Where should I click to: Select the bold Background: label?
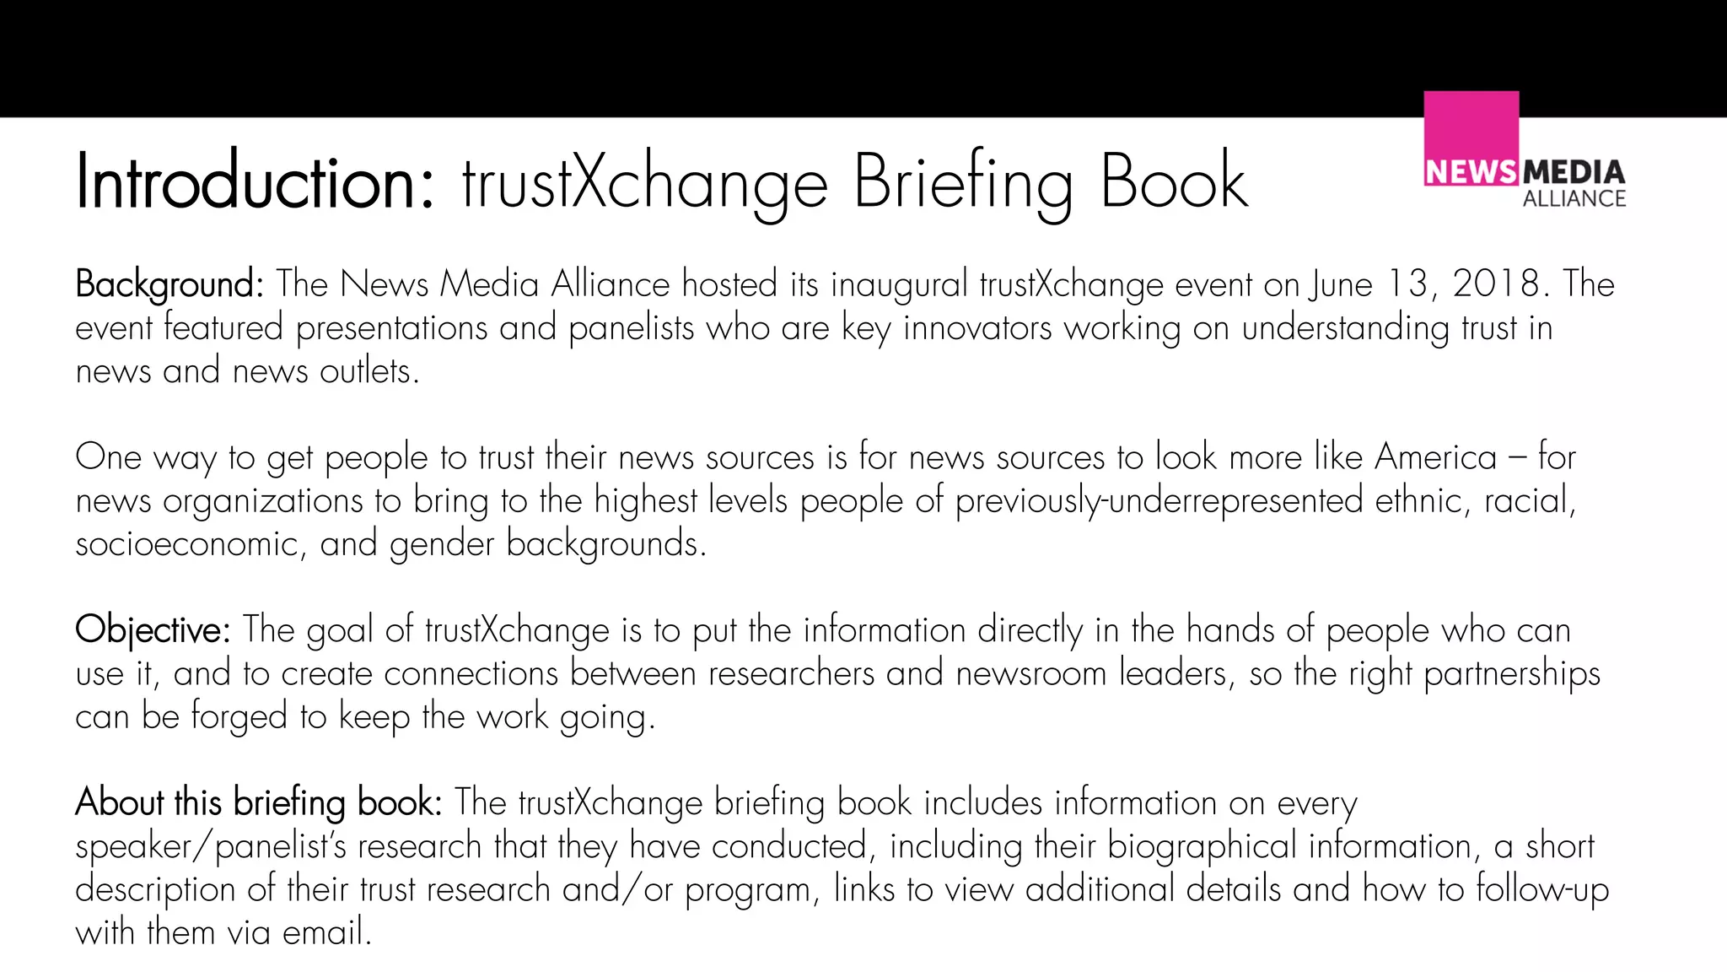pos(169,284)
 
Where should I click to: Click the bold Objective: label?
pos(153,630)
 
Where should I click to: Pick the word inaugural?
pos(899,284)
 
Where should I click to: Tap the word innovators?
pos(977,328)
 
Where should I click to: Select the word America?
pos(1435,457)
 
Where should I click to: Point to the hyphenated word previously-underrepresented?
pos(1159,501)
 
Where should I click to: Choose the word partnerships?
pos(1511,674)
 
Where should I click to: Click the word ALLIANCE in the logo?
pos(1574,199)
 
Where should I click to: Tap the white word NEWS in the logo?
pos(1471,172)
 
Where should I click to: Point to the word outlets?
pos(369,371)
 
